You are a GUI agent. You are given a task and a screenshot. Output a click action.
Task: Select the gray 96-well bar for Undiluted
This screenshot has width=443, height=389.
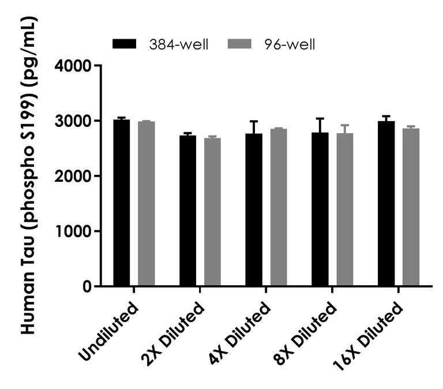[x=146, y=204]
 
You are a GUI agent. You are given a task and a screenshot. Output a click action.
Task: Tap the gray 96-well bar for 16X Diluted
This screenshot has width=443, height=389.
[x=411, y=208]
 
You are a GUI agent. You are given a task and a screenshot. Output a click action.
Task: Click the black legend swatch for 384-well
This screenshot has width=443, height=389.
[x=124, y=44]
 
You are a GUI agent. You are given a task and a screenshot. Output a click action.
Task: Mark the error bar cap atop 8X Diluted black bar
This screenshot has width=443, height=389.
[x=320, y=118]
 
